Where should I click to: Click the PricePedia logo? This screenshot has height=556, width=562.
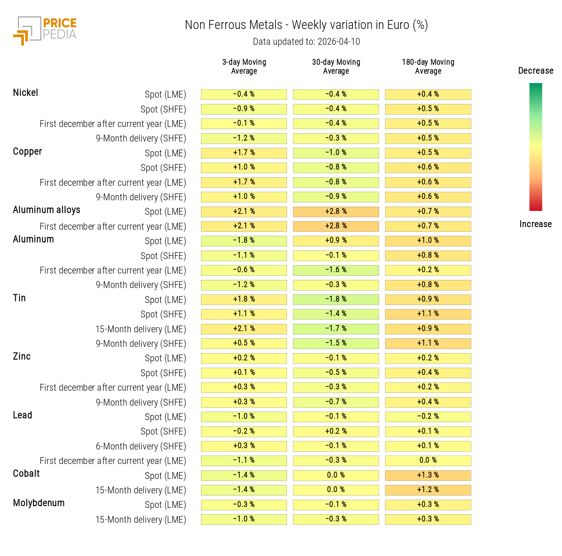coord(45,30)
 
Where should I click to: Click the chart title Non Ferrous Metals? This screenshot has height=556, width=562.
coord(233,25)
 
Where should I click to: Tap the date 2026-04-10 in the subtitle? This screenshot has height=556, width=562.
coord(338,42)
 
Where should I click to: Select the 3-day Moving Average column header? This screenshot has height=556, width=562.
coord(244,66)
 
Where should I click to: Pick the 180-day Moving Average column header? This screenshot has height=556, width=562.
coord(428,66)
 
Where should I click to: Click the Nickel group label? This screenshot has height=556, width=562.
coord(26,93)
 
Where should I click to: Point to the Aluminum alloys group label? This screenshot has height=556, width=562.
coord(46,210)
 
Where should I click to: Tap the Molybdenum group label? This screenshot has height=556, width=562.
coord(39,503)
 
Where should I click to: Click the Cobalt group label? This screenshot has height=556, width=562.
coord(26,474)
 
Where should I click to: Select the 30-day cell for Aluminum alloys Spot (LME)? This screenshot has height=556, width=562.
coord(336,212)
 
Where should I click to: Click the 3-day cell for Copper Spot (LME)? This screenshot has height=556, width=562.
coord(244,153)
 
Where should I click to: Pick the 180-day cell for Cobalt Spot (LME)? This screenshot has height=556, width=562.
coord(428,475)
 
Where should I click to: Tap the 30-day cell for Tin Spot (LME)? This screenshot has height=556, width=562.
coord(336,300)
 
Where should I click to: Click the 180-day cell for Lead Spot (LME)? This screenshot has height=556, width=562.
coord(428,417)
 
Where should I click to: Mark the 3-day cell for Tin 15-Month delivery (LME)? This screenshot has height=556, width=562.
coord(244,329)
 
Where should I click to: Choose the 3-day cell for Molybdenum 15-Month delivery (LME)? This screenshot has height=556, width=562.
coord(244,519)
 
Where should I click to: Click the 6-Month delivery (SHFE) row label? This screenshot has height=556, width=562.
coord(141,447)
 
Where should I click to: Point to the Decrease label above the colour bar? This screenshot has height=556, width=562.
coord(536,71)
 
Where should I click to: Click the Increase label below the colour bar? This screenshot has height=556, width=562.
coord(536,224)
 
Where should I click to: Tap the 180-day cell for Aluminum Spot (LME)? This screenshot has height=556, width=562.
coord(428,241)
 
